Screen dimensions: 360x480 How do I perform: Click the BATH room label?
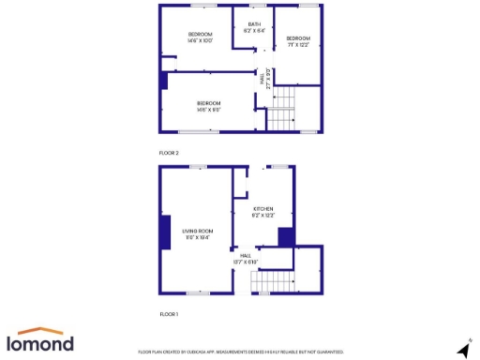click(x=254, y=27)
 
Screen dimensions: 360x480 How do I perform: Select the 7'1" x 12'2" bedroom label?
click(x=298, y=40)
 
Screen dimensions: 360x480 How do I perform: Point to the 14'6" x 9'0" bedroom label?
click(x=208, y=105)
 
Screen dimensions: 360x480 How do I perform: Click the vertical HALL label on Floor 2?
click(x=266, y=81)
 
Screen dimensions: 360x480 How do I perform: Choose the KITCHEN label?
click(x=262, y=212)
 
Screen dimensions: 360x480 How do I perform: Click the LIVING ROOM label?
click(x=197, y=234)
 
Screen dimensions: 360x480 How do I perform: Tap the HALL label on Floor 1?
click(x=246, y=258)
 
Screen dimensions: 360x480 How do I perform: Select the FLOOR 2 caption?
click(x=169, y=152)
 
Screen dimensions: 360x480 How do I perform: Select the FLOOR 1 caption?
click(x=169, y=314)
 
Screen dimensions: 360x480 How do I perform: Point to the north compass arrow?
click(x=462, y=349)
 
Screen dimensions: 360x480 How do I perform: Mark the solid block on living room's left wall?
click(x=165, y=232)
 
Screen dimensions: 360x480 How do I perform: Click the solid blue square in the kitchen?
click(x=287, y=236)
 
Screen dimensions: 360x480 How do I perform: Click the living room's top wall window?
click(x=198, y=167)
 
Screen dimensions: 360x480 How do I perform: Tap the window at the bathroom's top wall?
click(x=254, y=6)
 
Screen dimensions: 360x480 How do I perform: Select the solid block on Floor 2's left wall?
click(x=165, y=81)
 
